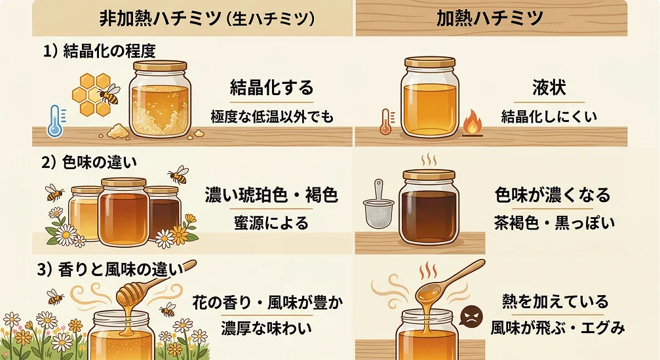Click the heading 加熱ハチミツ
490,18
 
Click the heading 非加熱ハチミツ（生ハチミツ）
207,18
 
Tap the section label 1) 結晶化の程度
99,52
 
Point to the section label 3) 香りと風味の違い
108,269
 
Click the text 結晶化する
271,87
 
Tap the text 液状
549,87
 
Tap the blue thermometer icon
54,122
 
